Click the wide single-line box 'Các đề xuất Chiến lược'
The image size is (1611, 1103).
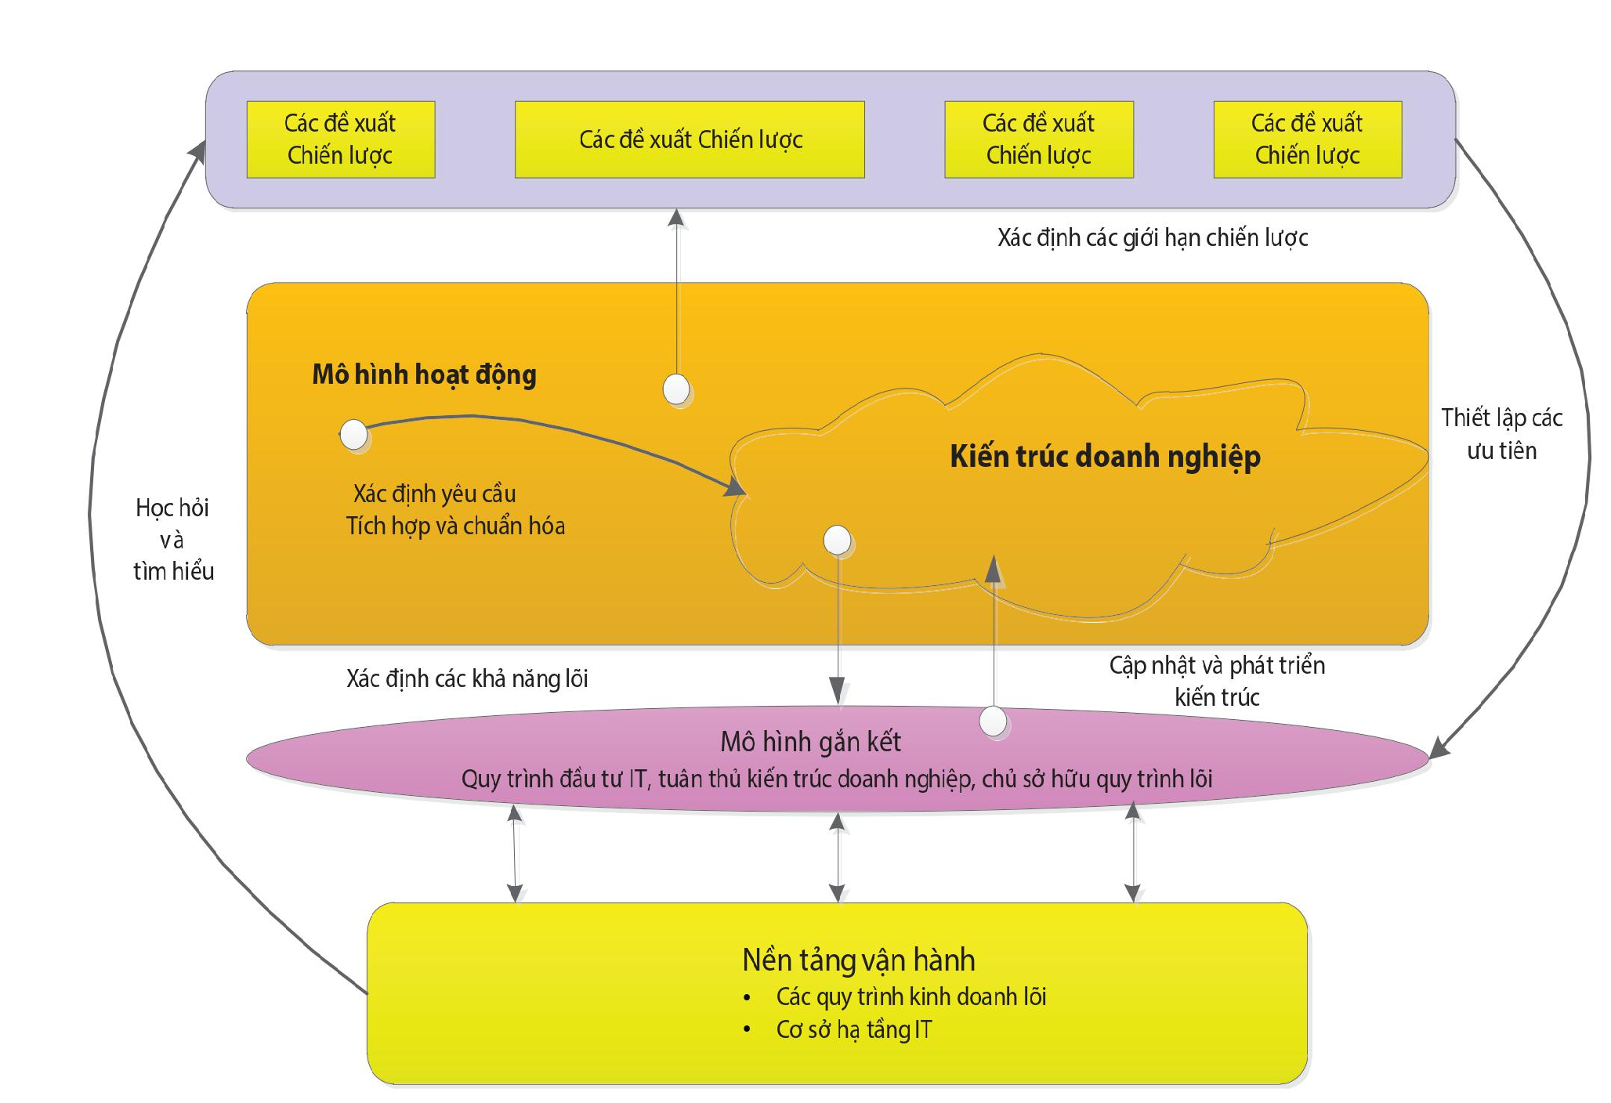point(690,139)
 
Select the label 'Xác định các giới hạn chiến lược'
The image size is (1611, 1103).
point(1152,237)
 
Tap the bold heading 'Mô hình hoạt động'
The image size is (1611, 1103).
point(424,374)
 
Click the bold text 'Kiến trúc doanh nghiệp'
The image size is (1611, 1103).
point(1105,456)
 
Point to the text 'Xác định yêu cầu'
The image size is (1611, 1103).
point(434,494)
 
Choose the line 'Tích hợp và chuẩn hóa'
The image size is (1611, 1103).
point(455,526)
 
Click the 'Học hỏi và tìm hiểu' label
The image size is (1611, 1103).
point(172,539)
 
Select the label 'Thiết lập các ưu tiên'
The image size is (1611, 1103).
point(1501,433)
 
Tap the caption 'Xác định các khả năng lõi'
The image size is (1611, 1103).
point(467,678)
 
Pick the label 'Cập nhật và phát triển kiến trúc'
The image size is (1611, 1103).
point(1217,681)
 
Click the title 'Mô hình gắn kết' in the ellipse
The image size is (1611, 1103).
point(810,742)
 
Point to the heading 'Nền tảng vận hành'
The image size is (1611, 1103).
point(858,960)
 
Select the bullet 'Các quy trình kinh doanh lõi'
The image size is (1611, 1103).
point(910,996)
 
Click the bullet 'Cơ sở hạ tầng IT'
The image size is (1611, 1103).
point(854,1029)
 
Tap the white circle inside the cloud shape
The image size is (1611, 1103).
point(838,540)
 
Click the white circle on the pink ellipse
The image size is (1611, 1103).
point(994,721)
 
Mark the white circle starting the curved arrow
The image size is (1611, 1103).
point(354,434)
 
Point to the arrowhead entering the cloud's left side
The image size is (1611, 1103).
point(735,486)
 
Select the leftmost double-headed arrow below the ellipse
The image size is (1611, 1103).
point(515,854)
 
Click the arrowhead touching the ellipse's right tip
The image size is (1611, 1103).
point(1439,748)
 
